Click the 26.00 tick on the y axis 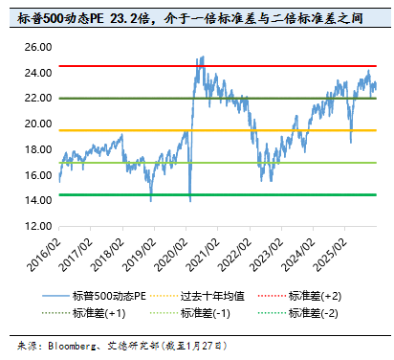click(x=38, y=46)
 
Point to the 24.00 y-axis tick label click(x=38, y=72)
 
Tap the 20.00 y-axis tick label click(x=38, y=124)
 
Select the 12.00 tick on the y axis click(x=38, y=227)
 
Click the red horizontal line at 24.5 click(x=115, y=66)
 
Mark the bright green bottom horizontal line click(x=115, y=195)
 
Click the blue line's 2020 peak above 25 click(x=201, y=56)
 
